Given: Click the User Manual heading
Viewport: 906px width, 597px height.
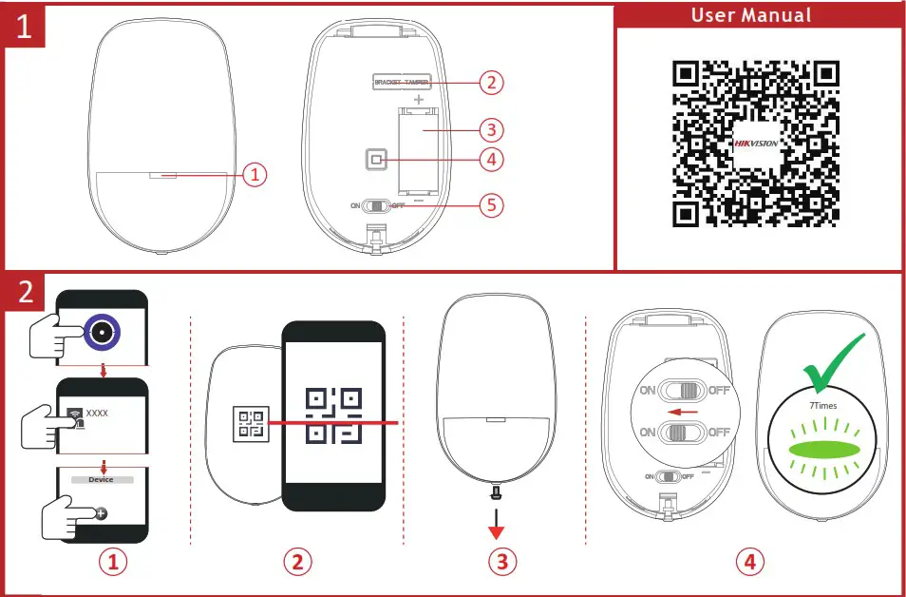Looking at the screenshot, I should [751, 15].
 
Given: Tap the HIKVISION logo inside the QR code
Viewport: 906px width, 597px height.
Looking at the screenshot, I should [756, 144].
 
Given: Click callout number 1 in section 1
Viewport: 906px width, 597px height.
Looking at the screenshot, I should [254, 174].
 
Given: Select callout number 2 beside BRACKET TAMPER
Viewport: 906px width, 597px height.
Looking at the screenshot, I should [489, 83].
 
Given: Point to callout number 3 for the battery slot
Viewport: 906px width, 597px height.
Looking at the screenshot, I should [489, 129].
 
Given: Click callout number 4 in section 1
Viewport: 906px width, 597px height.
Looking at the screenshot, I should [489, 160].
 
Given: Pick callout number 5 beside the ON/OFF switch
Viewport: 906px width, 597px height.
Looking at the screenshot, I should [489, 203].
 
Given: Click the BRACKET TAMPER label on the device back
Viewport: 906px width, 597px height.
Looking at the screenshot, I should [402, 83].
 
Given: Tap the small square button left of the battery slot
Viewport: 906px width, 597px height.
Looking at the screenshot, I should [377, 160].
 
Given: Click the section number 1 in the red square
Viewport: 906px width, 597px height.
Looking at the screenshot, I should [24, 26].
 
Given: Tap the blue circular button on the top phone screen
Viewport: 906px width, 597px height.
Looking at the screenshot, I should [101, 331].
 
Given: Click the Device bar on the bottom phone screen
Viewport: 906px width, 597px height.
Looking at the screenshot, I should [102, 480].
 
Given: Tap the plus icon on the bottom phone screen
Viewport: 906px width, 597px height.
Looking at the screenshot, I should [102, 511].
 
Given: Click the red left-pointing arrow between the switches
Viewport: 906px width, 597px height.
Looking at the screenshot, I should [680, 412].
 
